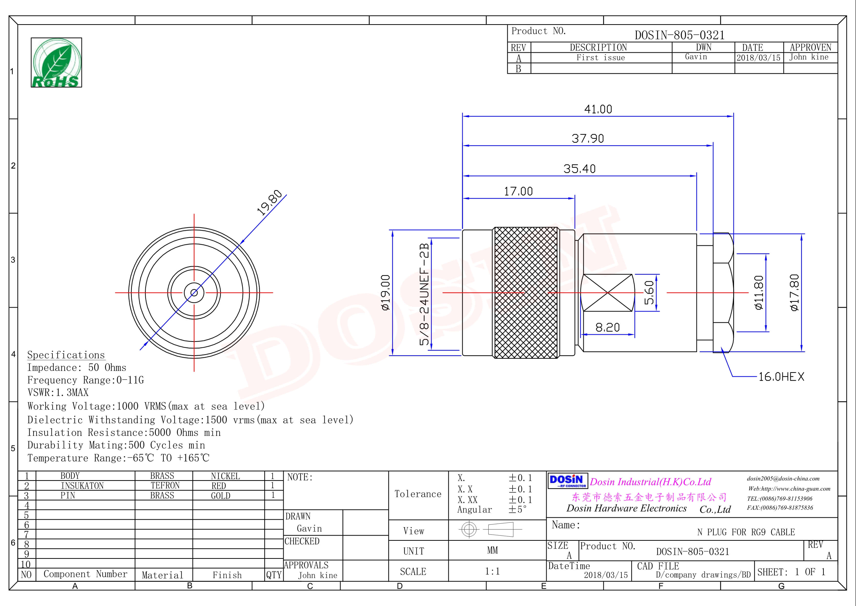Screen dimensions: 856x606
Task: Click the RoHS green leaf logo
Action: click(56, 63)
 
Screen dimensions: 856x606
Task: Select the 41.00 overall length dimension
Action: click(598, 109)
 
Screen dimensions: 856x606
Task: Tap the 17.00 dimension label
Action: click(518, 191)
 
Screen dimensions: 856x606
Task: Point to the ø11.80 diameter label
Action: click(759, 292)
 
